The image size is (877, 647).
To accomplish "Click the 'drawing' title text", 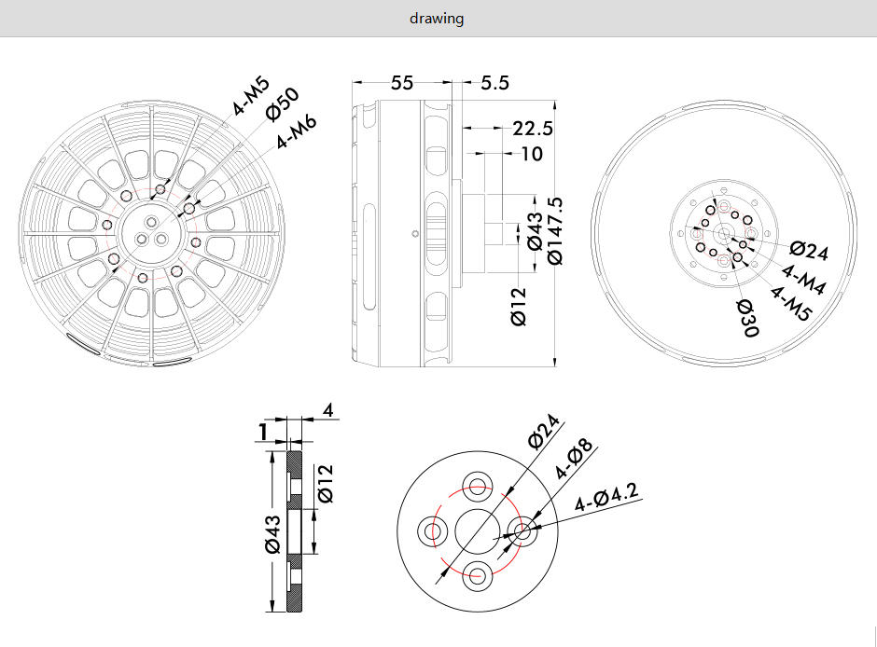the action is (x=437, y=19).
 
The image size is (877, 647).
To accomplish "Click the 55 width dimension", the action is (x=401, y=83).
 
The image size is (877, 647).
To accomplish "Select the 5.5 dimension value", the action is (x=495, y=83).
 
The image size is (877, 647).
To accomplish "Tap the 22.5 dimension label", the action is (x=533, y=129).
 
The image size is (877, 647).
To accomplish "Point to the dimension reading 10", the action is (x=532, y=154).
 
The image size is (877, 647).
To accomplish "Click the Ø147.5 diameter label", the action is (x=555, y=231).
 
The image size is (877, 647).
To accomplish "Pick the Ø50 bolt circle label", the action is (x=283, y=103).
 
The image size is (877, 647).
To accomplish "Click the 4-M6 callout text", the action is (x=297, y=131).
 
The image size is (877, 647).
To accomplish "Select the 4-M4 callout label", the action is (x=803, y=280).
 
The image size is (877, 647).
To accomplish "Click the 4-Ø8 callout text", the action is (x=573, y=460).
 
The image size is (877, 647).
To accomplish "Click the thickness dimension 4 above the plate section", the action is (x=328, y=410).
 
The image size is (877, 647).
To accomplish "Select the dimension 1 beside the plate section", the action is (x=263, y=432).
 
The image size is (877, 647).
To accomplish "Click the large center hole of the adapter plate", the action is (x=478, y=530).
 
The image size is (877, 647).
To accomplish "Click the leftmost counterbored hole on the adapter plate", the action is (x=433, y=531).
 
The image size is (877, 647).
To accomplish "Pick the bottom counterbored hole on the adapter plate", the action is (x=477, y=575).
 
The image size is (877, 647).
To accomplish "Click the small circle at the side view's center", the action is (x=414, y=234).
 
